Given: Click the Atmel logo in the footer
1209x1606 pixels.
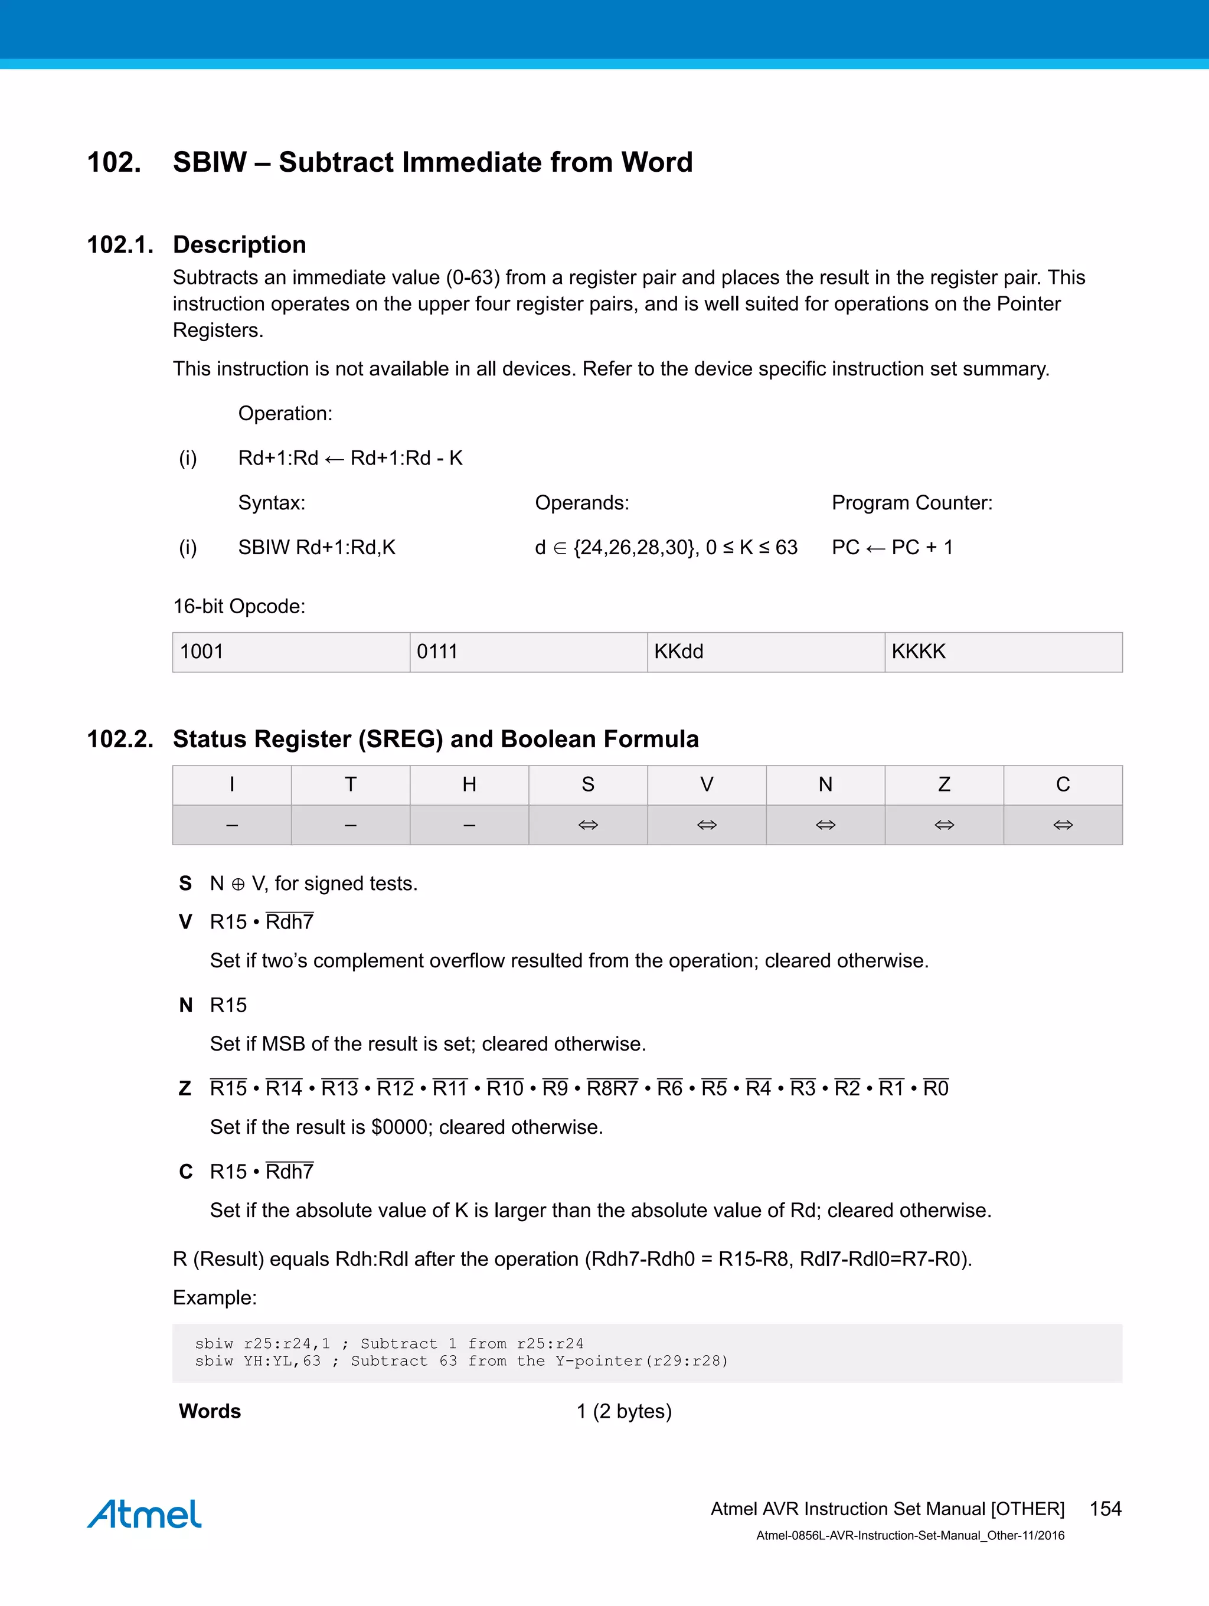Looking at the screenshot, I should [144, 1514].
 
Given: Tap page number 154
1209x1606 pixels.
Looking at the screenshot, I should [1105, 1509].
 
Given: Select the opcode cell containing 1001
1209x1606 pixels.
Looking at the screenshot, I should [290, 652].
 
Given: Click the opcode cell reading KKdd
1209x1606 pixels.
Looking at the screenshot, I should [765, 652].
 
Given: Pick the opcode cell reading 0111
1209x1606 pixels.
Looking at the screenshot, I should [528, 652].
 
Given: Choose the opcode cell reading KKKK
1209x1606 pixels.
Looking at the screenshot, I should [1003, 652].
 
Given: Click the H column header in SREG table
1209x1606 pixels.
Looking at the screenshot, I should [469, 785].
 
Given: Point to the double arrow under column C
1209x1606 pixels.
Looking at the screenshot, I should [1063, 825].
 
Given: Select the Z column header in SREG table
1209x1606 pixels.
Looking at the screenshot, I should [944, 785].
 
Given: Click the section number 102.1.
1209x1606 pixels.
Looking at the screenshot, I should [120, 245].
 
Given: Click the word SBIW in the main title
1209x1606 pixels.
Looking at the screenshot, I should [210, 162].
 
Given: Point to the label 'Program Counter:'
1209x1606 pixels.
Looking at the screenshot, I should [911, 502].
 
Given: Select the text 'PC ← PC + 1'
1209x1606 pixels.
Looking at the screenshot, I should [891, 548].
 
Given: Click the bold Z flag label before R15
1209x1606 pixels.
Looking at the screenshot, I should [185, 1088].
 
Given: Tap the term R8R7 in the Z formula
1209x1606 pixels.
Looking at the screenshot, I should [612, 1088].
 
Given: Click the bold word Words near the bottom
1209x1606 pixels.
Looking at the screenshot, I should [210, 1411].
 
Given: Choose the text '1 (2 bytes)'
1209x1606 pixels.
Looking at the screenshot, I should [624, 1411].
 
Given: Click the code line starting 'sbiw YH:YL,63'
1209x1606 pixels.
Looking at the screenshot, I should [461, 1361].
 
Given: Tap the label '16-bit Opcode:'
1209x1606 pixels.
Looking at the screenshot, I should [239, 606].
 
